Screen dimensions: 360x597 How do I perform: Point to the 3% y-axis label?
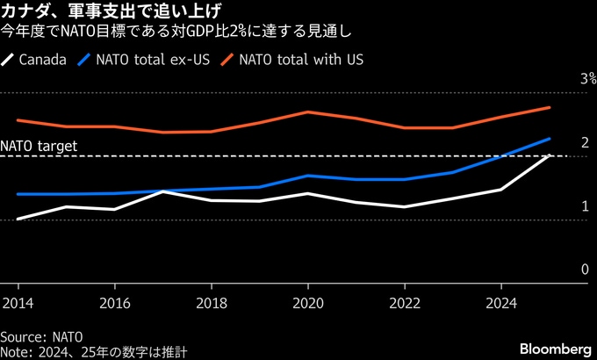click(x=587, y=79)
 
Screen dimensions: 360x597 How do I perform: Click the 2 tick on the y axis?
click(x=584, y=142)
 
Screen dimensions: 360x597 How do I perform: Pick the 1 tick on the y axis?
click(x=584, y=206)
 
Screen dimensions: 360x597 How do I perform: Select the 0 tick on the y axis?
click(x=584, y=270)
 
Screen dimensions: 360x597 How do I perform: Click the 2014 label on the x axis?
click(x=17, y=303)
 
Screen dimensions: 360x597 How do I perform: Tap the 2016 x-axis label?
click(x=113, y=303)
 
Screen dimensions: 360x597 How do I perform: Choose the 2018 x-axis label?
click(x=211, y=303)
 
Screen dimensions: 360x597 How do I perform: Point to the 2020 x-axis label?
click(x=307, y=303)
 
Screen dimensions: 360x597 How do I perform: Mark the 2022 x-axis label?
click(x=404, y=303)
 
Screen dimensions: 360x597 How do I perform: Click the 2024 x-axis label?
click(x=500, y=303)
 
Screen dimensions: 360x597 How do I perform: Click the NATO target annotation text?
click(x=40, y=147)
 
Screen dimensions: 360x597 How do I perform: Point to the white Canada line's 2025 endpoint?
click(x=550, y=155)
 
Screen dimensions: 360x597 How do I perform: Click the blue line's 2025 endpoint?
click(x=550, y=139)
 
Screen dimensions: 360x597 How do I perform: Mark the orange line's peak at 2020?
click(x=307, y=112)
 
